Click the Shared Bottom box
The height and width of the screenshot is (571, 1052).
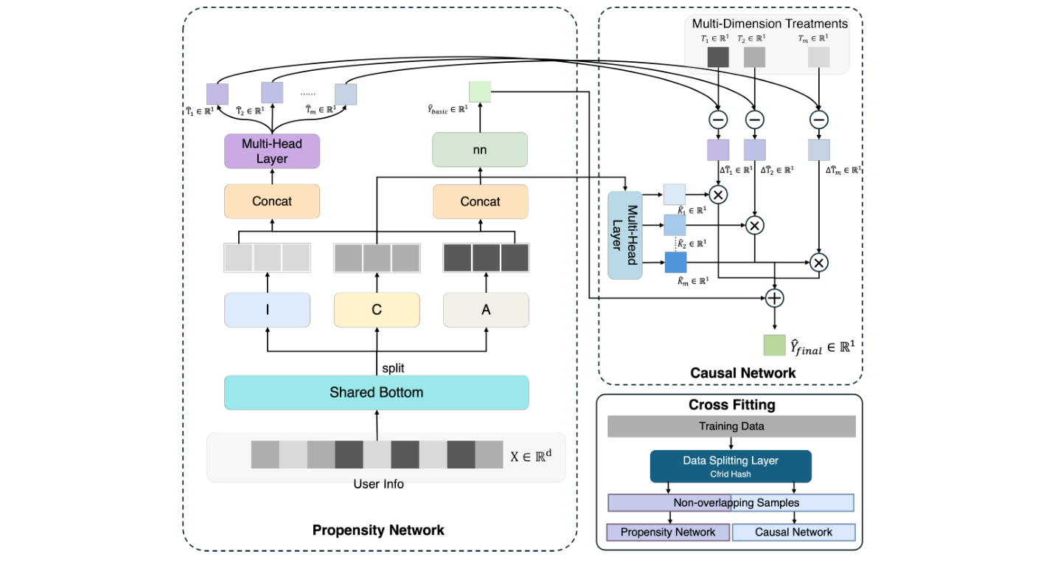point(376,392)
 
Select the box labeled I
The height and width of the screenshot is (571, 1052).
point(267,310)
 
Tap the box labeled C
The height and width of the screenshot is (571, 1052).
point(376,310)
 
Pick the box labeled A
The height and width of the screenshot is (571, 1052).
point(486,310)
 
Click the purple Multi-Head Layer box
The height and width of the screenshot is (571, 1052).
point(272,151)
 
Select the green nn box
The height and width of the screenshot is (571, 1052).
point(480,150)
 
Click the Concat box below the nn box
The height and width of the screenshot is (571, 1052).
point(480,201)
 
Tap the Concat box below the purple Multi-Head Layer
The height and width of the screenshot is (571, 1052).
point(272,201)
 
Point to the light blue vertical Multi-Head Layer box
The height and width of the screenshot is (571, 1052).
point(625,235)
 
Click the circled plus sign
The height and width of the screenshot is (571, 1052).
point(774,298)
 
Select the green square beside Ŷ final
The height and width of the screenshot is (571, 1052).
point(774,345)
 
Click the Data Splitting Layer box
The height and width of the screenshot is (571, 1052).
point(731,466)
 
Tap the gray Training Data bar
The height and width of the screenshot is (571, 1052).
point(731,426)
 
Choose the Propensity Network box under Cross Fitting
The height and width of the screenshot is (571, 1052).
point(668,532)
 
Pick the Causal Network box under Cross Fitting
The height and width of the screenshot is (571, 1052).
point(793,532)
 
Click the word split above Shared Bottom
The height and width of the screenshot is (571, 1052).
point(393,367)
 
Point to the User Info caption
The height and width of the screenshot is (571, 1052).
point(378,485)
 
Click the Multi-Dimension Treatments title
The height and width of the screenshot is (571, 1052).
point(770,24)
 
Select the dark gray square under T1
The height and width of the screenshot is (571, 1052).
point(718,58)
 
